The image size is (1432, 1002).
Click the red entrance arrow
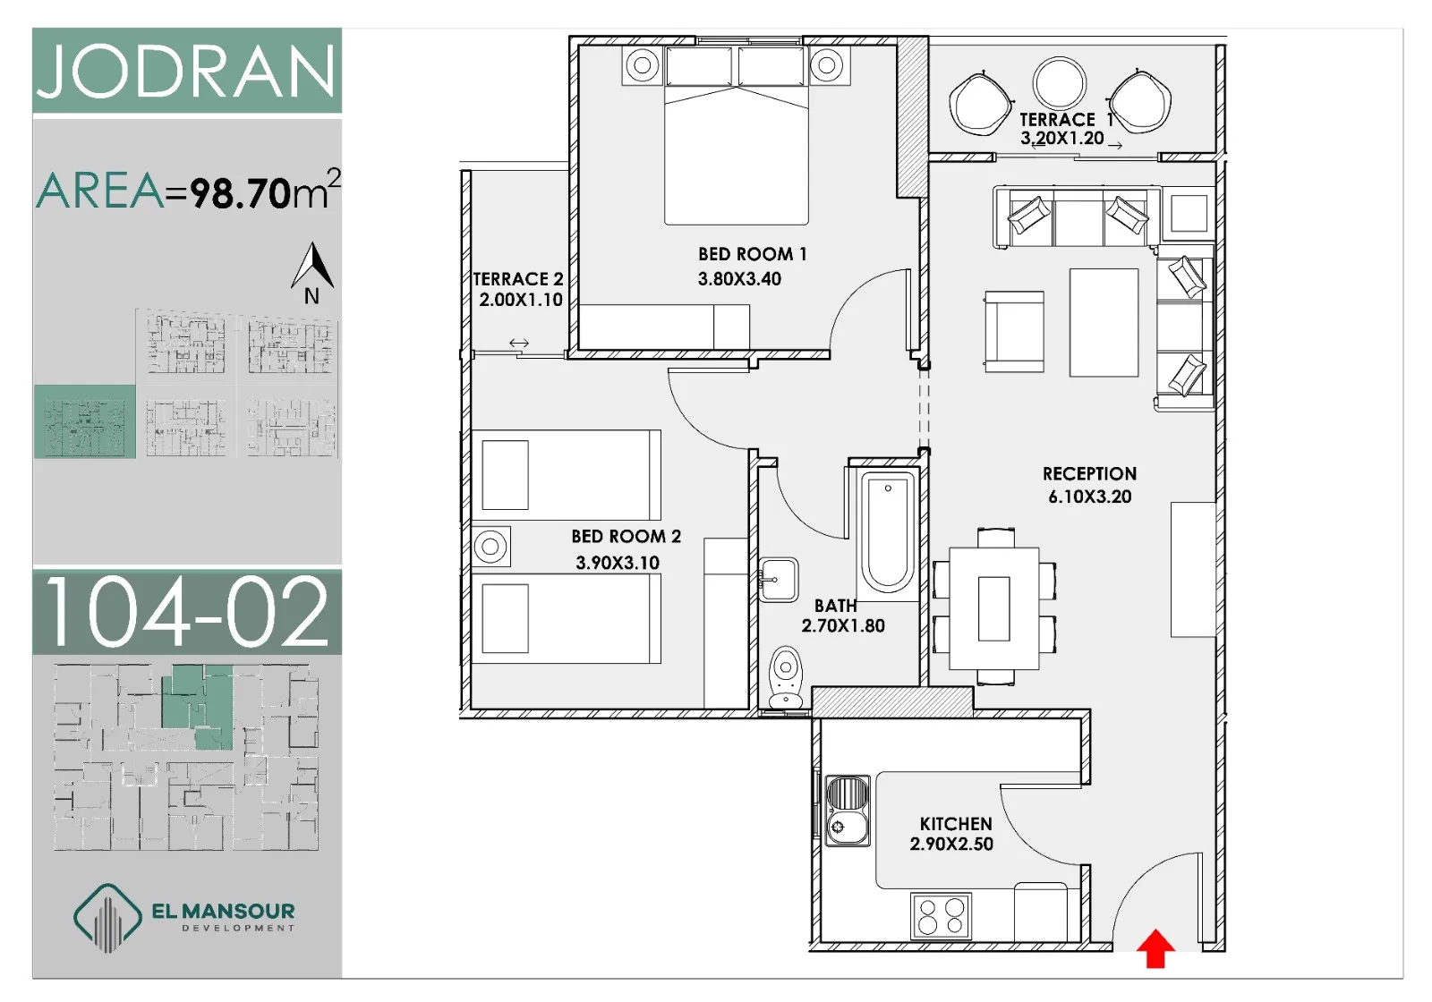1155,949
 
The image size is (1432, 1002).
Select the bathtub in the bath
887,531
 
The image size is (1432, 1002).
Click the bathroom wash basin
779,579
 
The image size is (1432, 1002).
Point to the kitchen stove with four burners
941,916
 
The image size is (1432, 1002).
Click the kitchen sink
847,811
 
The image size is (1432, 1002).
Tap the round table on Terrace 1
1059,84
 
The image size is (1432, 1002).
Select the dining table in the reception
994,608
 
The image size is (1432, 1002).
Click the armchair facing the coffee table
1014,331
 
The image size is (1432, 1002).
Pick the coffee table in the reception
1104,322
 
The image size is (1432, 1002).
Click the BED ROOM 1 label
753,254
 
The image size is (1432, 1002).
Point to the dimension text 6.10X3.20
1089,497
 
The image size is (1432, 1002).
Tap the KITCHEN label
956,824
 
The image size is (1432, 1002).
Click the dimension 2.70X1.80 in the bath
842,625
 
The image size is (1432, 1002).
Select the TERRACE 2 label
518,279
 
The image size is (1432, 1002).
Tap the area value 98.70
241,192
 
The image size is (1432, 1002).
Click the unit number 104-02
187,612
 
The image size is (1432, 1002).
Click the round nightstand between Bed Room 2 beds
490,547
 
